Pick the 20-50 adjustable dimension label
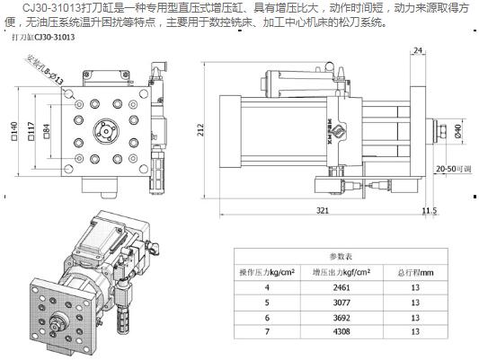click(453, 168)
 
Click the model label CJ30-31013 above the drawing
click(42, 40)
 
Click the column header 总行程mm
click(414, 271)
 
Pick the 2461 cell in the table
click(337, 288)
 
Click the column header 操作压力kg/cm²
click(267, 271)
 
